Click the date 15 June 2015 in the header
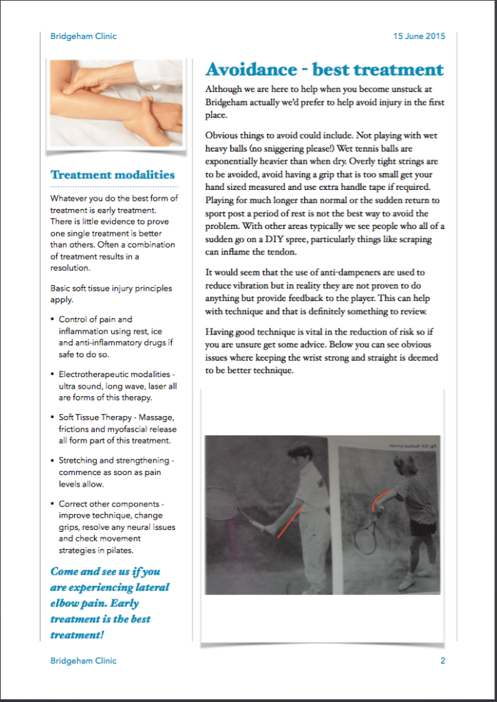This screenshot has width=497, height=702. click(x=418, y=36)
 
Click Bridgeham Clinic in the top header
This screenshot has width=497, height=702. click(x=83, y=36)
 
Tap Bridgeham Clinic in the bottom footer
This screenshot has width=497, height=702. click(x=83, y=661)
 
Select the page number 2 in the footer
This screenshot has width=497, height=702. click(x=443, y=661)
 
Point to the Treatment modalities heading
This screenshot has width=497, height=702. click(x=113, y=175)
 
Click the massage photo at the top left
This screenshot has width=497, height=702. click(x=116, y=102)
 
